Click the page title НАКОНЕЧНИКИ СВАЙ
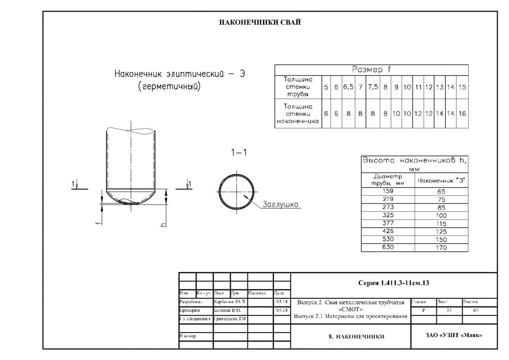(260, 22)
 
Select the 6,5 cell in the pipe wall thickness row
(348, 87)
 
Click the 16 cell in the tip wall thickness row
(462, 114)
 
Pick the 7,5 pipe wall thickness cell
(373, 87)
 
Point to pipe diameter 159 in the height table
(387, 191)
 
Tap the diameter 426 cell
(387, 231)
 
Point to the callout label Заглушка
(280, 204)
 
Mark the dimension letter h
(163, 225)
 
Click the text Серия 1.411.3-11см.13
(393, 283)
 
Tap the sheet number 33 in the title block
(449, 310)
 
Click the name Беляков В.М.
(227, 310)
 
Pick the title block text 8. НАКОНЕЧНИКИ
(356, 337)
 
